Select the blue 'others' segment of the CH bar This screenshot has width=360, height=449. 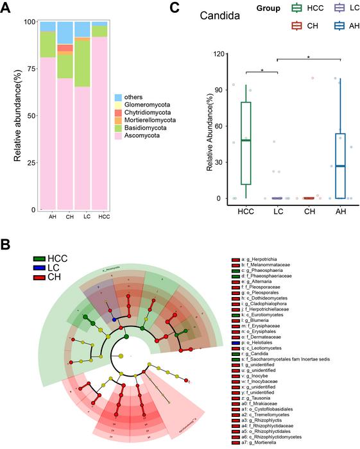(65, 32)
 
